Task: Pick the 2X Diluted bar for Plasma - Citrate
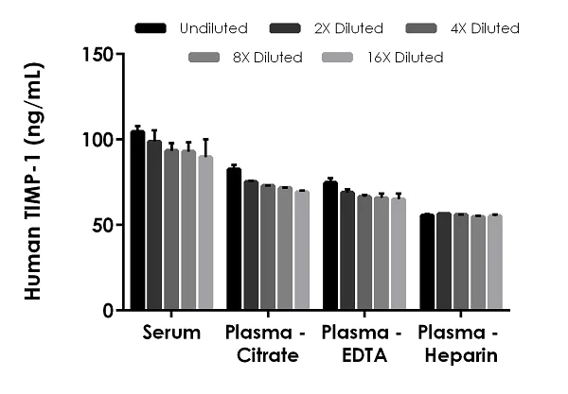(251, 246)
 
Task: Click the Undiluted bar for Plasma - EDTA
(330, 246)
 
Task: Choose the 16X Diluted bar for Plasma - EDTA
(399, 254)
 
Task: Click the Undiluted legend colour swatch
(152, 28)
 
